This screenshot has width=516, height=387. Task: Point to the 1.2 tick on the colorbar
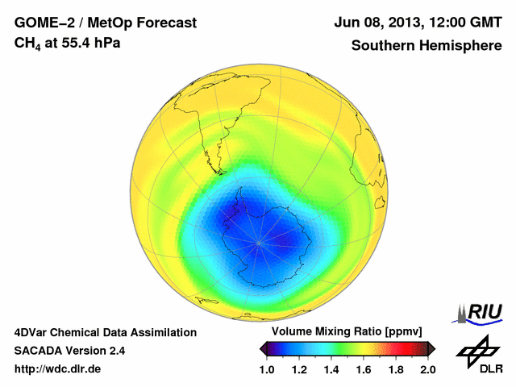tap(300, 369)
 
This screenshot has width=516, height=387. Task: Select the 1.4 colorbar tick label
tap(331, 369)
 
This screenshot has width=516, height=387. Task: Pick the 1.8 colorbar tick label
tap(396, 369)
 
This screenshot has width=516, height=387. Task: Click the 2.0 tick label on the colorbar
tap(427, 369)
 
